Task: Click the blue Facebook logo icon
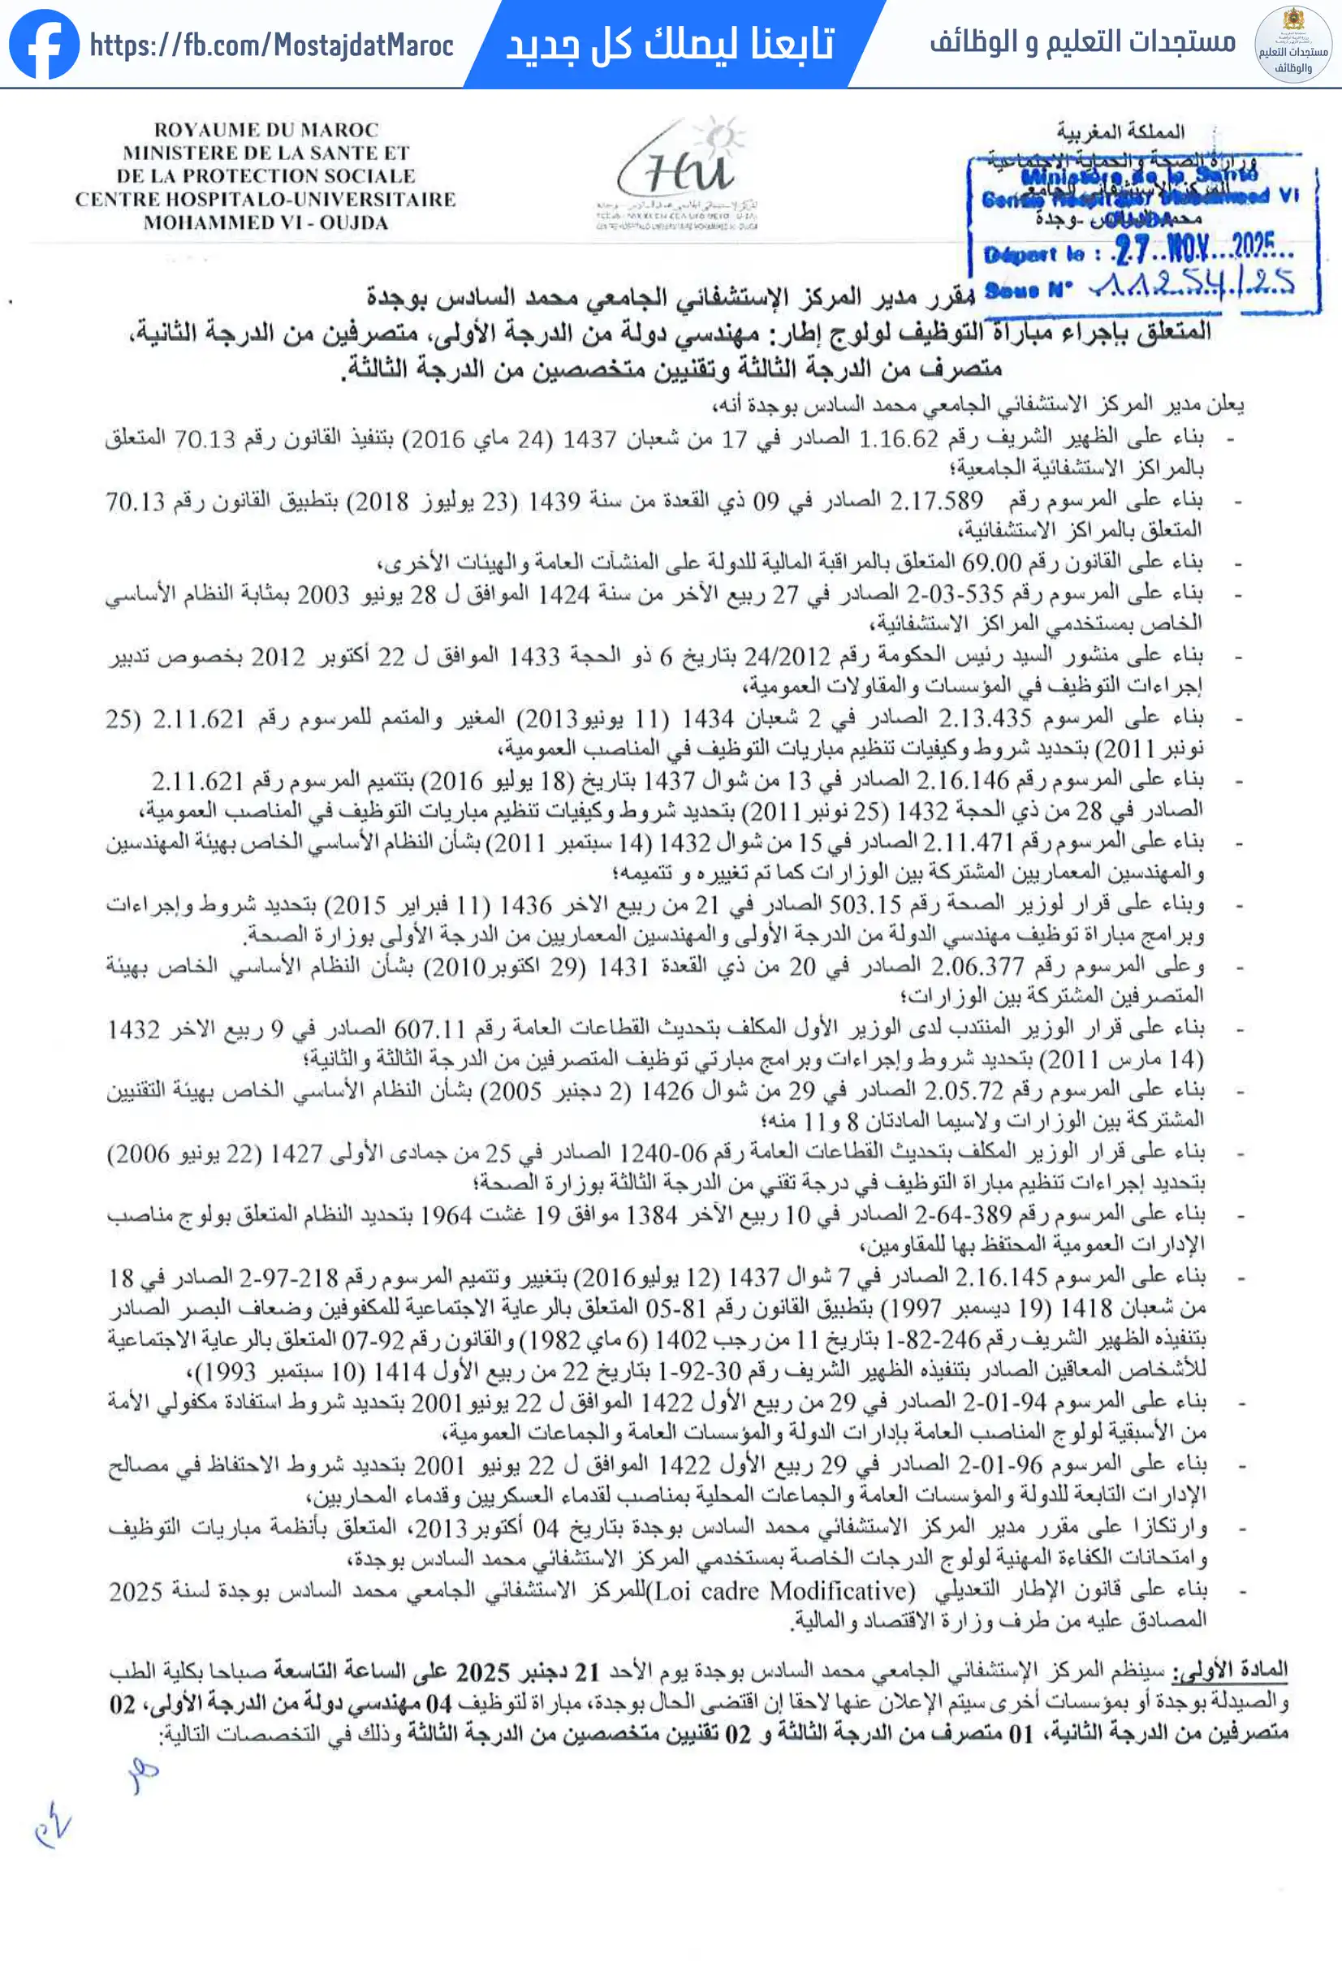45,45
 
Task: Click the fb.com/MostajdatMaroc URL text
271,45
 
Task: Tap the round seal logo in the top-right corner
1292,45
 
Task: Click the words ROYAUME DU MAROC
266,130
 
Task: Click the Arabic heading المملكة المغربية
1120,132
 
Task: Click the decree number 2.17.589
936,500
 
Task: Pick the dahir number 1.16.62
899,439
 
